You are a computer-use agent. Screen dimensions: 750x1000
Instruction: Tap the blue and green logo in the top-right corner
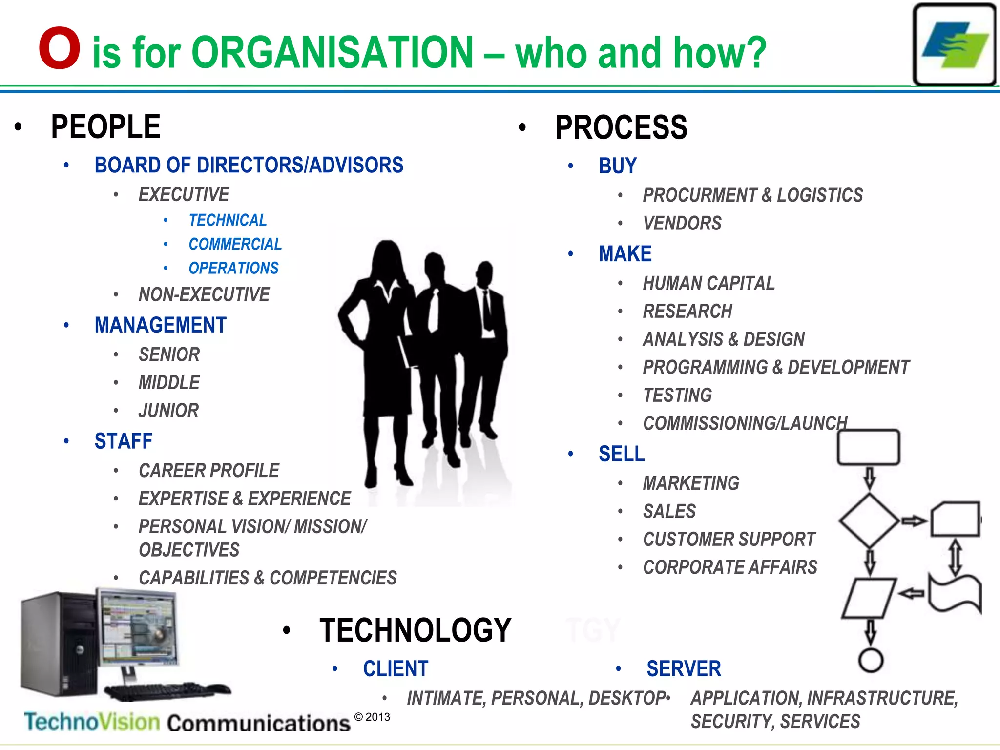coord(954,45)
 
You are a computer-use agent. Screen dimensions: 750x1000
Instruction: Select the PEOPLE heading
coord(105,127)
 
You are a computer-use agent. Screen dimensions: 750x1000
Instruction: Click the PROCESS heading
coord(621,128)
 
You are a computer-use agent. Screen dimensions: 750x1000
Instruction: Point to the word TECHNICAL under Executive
coord(228,220)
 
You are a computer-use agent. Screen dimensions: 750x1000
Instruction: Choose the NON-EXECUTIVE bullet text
coord(204,294)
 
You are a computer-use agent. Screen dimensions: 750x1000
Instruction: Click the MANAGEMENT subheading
coord(161,325)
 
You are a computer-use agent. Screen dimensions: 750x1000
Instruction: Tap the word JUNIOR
coord(168,411)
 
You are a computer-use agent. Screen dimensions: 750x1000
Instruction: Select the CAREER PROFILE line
coord(209,471)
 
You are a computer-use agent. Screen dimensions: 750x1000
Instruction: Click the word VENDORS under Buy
coord(682,224)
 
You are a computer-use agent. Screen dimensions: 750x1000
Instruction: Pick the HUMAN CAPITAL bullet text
coord(708,283)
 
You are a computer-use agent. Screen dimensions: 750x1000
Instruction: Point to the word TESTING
coord(678,396)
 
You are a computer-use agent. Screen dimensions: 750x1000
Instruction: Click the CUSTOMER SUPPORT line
coord(729,540)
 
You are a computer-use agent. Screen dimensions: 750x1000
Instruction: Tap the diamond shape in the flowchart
coord(869,521)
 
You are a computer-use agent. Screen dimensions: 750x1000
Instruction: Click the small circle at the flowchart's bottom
coord(871,661)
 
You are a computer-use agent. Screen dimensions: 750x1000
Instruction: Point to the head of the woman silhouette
coord(387,256)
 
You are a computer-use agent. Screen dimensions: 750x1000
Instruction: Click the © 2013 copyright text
coord(372,717)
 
